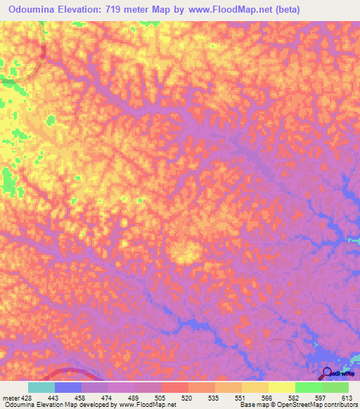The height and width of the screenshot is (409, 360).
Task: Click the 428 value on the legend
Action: pos(25,398)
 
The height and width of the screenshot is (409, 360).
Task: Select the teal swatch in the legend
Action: pos(41,387)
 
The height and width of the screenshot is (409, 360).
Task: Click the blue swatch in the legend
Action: pos(68,387)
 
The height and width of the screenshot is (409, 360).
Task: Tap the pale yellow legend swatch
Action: pos(282,387)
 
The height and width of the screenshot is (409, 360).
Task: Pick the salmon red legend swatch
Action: pos(175,387)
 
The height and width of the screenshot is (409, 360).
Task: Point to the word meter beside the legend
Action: pos(10,398)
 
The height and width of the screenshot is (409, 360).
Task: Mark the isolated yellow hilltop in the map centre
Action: pos(184,252)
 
